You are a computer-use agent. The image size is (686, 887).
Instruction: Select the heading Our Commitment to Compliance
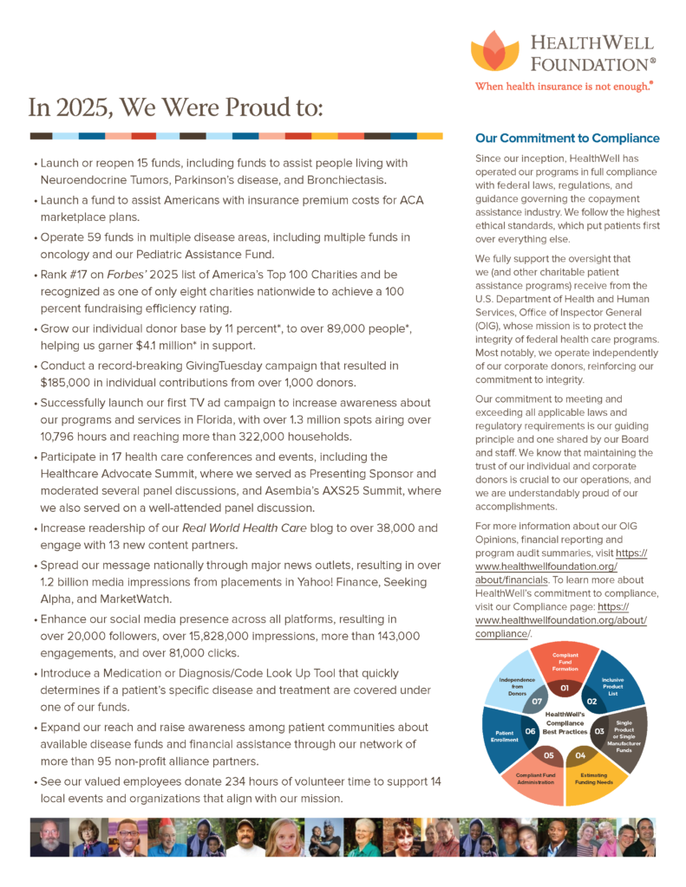(x=567, y=139)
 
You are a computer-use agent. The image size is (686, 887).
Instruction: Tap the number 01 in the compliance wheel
(x=564, y=689)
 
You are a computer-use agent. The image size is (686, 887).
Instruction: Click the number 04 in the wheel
(x=580, y=754)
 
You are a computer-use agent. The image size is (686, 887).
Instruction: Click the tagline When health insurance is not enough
(x=563, y=87)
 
